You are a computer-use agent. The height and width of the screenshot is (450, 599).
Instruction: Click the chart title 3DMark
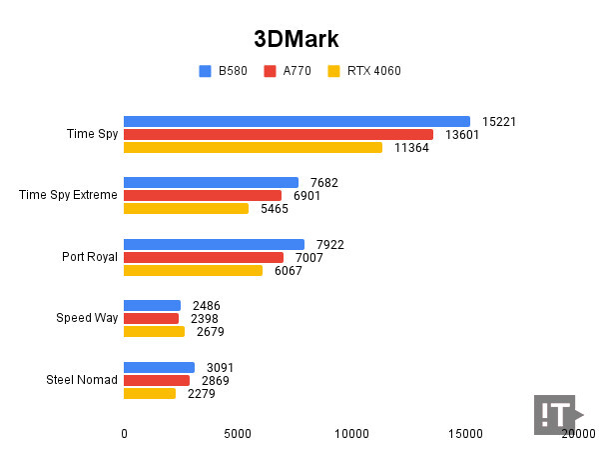297,39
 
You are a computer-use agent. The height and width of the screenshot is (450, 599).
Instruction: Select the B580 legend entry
227,71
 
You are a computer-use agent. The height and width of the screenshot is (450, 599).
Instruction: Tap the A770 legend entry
289,71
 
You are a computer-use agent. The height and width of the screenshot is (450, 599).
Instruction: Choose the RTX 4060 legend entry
363,71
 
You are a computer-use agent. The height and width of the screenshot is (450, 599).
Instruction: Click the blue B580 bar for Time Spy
297,122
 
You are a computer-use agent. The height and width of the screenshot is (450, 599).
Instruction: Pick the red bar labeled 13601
279,135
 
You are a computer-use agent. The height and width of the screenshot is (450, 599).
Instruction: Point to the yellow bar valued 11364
253,148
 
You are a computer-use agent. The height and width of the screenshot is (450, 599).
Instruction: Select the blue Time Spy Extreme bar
211,182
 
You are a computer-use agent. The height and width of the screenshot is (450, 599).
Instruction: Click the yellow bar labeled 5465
186,209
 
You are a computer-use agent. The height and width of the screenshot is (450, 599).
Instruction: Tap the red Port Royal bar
204,257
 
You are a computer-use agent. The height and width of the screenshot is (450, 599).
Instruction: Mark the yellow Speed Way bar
154,332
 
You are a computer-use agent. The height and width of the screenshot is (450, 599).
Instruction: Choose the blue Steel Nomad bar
159,367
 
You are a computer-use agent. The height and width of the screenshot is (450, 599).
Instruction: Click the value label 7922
328,244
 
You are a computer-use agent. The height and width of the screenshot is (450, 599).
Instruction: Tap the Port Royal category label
89,257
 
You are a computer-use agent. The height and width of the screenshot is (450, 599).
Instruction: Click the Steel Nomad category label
82,380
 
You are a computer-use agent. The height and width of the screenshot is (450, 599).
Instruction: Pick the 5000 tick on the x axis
238,434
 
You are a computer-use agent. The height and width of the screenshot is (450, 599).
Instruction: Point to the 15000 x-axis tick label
465,434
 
